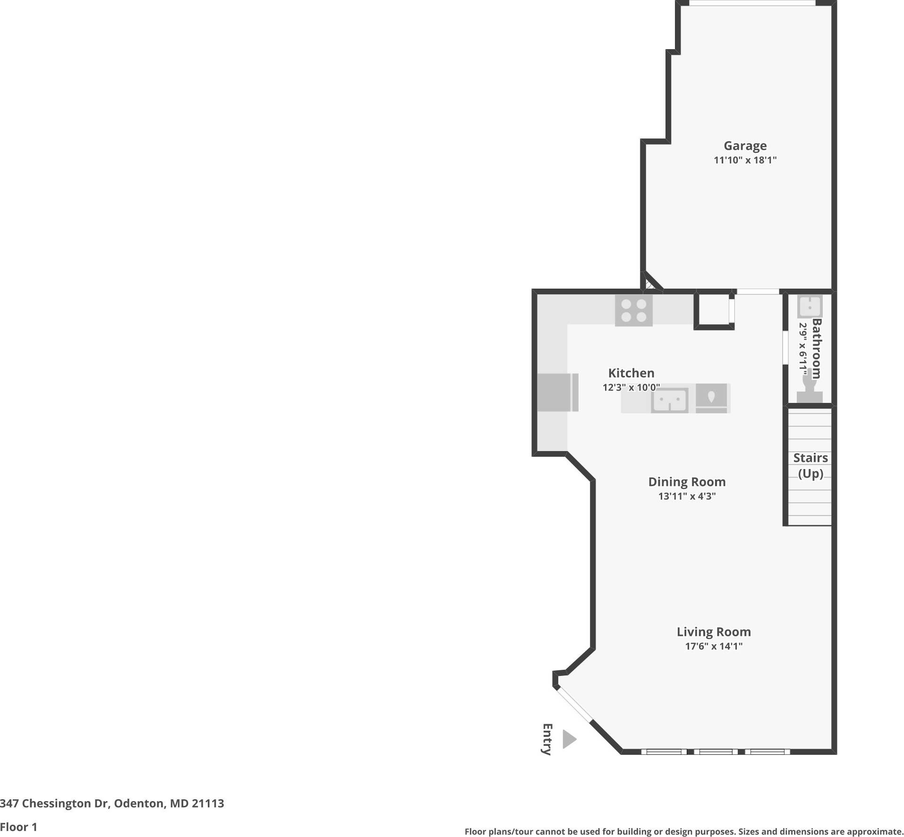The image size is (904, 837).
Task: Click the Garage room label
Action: (745, 146)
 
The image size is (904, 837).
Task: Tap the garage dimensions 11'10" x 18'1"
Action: (745, 160)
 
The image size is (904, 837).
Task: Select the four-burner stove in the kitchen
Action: (633, 310)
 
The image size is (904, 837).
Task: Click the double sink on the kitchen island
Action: (669, 401)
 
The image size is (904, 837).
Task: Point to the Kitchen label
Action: (631, 373)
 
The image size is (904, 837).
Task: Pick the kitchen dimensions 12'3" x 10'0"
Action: (631, 388)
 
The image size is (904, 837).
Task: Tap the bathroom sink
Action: (810, 307)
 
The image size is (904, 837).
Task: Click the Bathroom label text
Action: (817, 349)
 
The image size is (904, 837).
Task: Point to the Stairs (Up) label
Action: (810, 465)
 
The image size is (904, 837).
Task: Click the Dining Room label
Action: (687, 482)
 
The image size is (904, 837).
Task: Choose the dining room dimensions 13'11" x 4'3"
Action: (687, 496)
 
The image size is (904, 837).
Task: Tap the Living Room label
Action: (713, 632)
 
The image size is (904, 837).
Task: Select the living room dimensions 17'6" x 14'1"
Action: (713, 646)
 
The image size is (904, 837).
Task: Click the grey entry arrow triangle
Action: (569, 739)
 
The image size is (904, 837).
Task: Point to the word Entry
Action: (547, 739)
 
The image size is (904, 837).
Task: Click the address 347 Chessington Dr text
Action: (112, 803)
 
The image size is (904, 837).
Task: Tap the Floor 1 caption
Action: (18, 827)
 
